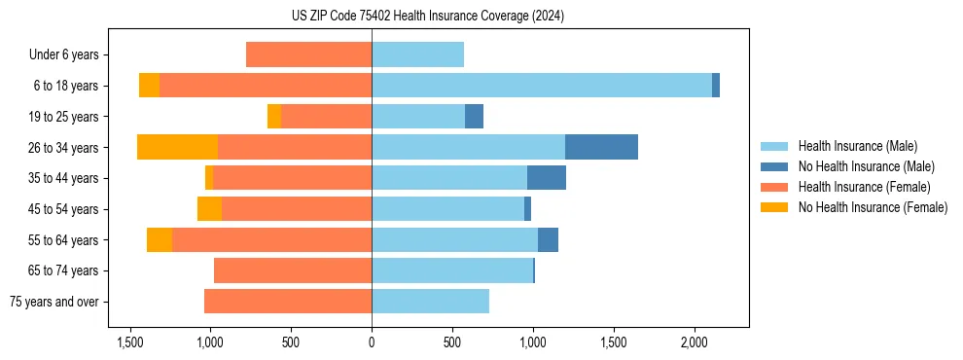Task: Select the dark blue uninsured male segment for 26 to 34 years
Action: tap(601, 147)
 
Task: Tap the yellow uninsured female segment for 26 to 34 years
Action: tap(177, 147)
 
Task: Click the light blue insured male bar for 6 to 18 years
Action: tap(541, 86)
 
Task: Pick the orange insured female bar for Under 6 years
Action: tap(308, 54)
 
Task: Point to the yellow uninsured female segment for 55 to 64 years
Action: tap(160, 239)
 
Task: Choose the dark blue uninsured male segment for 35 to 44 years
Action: tap(547, 178)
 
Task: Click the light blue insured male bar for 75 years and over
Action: tap(430, 302)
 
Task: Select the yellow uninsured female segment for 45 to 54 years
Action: tap(209, 209)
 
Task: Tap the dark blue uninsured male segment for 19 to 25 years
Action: tap(474, 117)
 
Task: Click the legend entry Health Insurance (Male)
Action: tap(856, 147)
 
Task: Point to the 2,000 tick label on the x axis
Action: tap(694, 343)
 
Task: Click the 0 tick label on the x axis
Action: tap(372, 343)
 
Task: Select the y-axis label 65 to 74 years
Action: tap(63, 270)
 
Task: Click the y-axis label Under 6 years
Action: tap(63, 54)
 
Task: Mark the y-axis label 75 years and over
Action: tap(53, 302)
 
